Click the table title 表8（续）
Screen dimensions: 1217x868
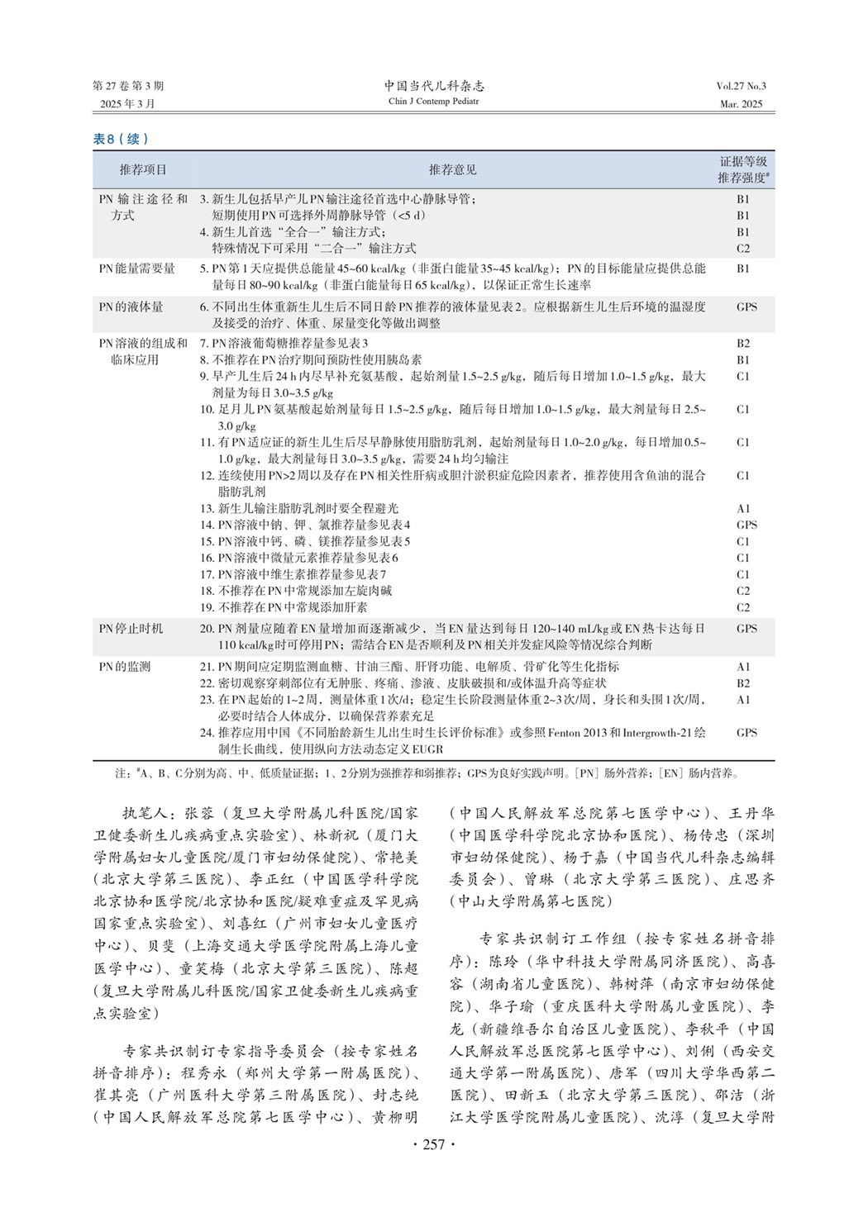pos(121,139)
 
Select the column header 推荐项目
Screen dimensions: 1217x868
pos(142,169)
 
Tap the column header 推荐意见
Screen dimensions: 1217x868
pos(452,169)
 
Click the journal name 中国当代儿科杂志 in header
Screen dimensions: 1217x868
pos(434,85)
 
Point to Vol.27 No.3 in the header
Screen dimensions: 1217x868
pos(741,86)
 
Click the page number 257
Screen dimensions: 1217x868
pos(434,1144)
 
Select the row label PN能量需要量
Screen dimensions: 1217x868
pos(137,269)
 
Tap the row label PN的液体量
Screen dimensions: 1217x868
pos(131,307)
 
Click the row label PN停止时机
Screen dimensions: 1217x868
pos(131,629)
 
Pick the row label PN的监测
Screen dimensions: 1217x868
pos(126,667)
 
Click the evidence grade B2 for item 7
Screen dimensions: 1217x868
pos(743,343)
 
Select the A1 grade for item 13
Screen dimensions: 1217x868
pos(743,509)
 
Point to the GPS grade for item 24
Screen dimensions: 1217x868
pos(746,733)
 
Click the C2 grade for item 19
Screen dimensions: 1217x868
pos(743,607)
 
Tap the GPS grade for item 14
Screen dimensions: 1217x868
pos(746,525)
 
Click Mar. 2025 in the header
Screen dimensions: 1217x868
pos(741,104)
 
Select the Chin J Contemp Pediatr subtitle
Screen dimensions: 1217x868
pos(434,102)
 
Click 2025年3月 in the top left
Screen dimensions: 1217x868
pos(127,104)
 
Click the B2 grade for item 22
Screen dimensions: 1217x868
pos(743,683)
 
